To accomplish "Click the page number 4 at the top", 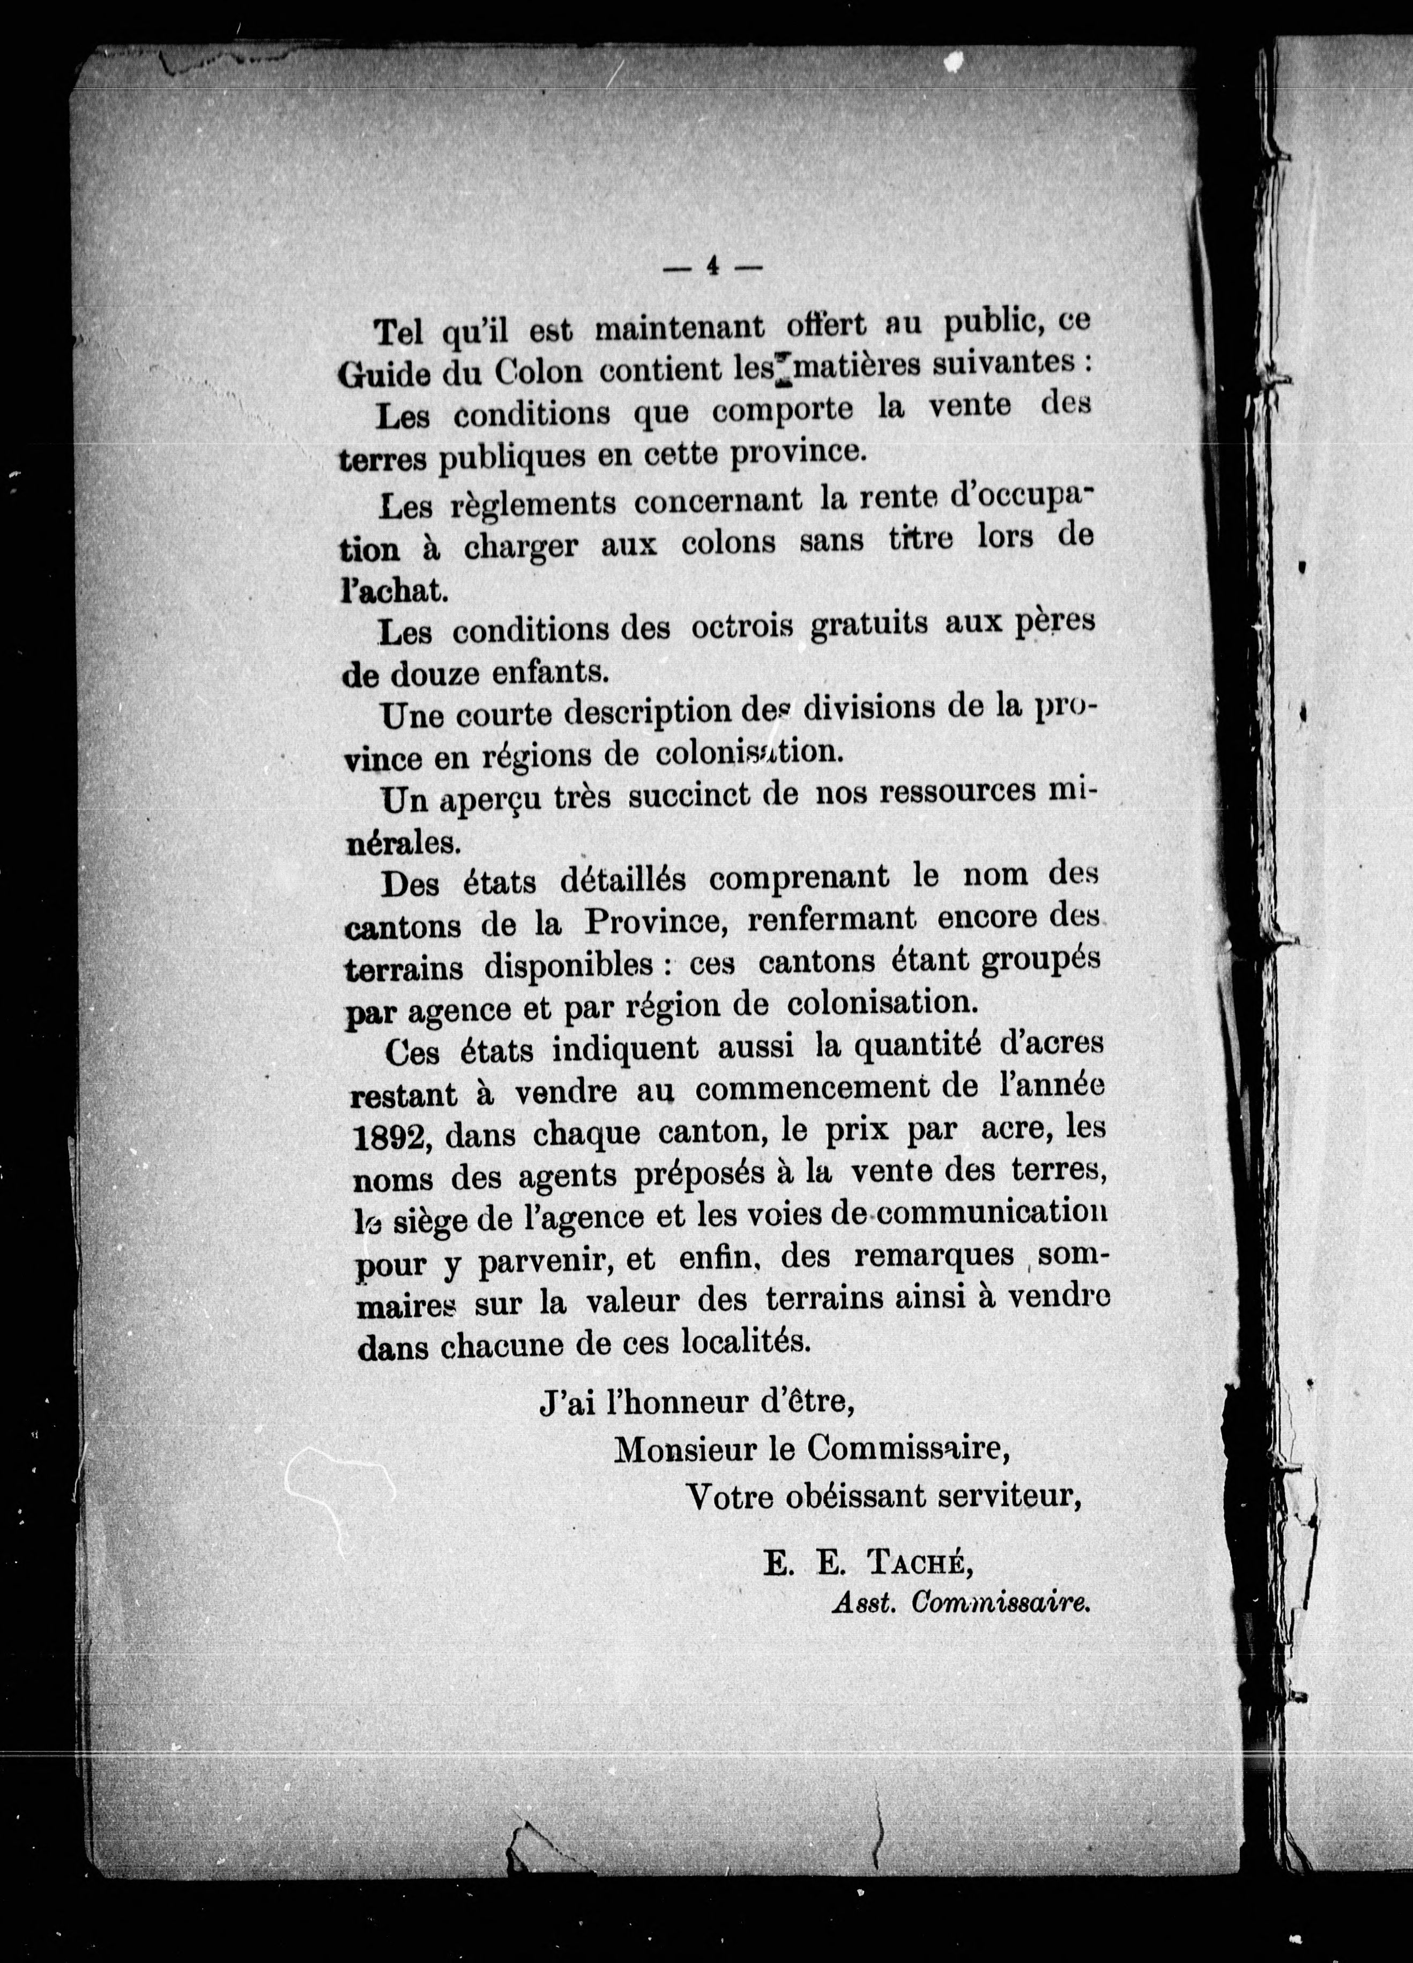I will [x=712, y=267].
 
